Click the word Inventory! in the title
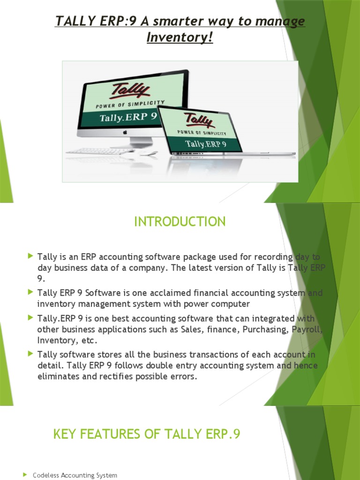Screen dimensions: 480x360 tap(180, 37)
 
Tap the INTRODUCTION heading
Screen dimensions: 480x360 tap(180, 221)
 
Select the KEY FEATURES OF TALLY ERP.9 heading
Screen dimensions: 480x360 tap(147, 434)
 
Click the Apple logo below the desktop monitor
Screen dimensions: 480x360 tap(125, 133)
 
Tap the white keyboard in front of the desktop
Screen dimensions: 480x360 tap(101, 151)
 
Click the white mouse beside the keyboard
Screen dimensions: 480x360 tap(148, 153)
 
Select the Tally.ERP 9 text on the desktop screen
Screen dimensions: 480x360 tap(127, 117)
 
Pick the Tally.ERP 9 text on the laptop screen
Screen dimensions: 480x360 tap(206, 144)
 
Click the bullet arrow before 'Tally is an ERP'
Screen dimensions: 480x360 tap(30, 256)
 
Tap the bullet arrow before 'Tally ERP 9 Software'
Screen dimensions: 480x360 tap(30, 292)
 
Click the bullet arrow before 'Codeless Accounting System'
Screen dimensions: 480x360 tap(25, 475)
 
